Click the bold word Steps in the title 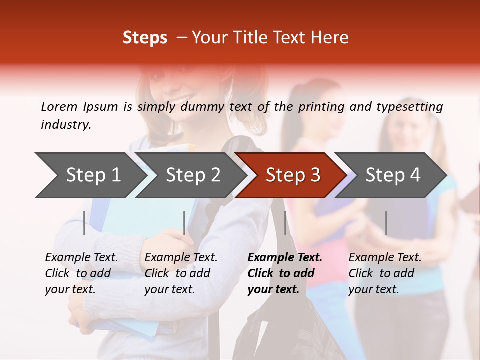coord(145,38)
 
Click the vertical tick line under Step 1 coord(84,223)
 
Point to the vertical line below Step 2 coord(184,223)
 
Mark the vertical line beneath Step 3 coord(285,223)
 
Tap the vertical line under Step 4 coord(386,223)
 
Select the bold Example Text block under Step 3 coord(285,273)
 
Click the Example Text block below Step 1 coord(81,273)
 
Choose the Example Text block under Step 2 coord(181,273)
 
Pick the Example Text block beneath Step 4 coord(385,273)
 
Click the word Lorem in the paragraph coord(59,106)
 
